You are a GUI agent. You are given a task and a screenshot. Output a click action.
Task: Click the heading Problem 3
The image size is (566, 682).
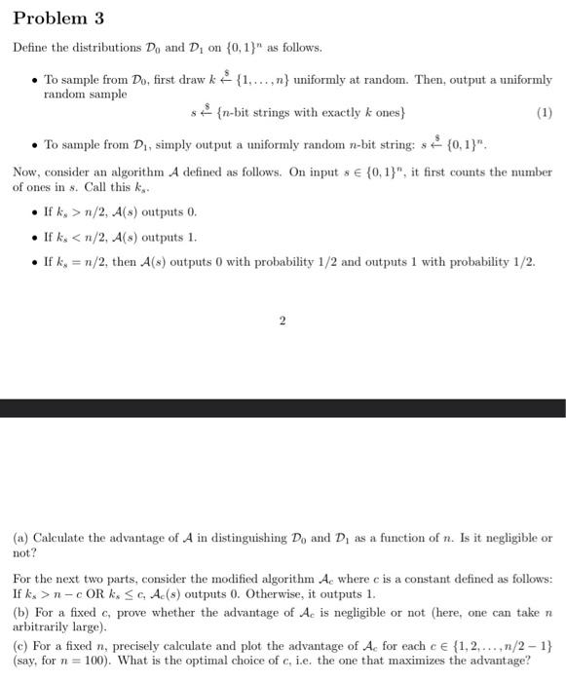click(x=57, y=19)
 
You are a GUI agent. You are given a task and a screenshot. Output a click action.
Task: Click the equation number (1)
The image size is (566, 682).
click(x=544, y=113)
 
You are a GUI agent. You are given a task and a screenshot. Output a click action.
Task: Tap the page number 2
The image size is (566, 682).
click(x=282, y=322)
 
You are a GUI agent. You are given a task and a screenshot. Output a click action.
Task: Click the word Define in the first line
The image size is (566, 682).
click(x=29, y=48)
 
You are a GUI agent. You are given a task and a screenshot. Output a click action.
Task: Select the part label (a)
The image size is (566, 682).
click(x=20, y=538)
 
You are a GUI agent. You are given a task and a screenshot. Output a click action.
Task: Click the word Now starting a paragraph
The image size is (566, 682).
click(x=25, y=172)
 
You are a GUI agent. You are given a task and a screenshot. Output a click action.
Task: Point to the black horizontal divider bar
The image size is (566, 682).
click(x=283, y=407)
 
